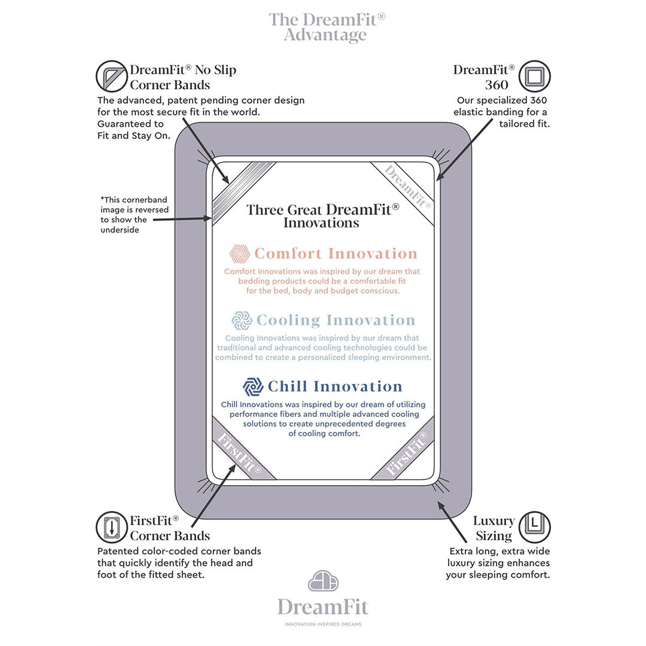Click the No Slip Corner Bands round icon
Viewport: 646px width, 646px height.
tap(112, 76)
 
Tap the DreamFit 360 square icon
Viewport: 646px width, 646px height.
tap(534, 76)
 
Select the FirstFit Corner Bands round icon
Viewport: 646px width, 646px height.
tap(112, 527)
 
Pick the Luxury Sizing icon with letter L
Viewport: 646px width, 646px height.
tap(534, 527)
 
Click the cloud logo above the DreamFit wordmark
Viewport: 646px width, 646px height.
tap(324, 581)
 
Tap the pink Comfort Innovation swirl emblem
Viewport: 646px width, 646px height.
tap(239, 254)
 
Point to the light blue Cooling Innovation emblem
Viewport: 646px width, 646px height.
tap(242, 320)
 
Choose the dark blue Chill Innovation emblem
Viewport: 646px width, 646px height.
tap(253, 386)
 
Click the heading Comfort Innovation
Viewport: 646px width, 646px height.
tap(336, 254)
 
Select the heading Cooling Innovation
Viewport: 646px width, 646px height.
tap(336, 320)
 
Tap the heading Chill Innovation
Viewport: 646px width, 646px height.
tap(335, 386)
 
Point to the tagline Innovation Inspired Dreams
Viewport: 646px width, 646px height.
tap(324, 624)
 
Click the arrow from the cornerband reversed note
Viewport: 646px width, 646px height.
tap(182, 219)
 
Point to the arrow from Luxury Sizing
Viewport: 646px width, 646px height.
tap(452, 522)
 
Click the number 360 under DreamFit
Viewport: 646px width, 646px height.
tap(496, 85)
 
